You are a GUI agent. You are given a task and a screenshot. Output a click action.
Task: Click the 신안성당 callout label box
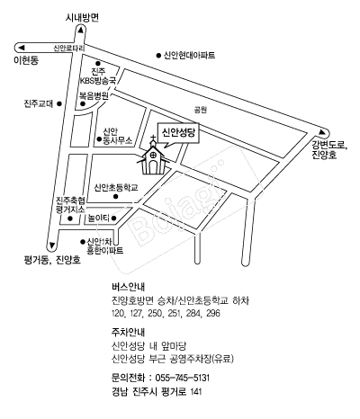pyautogui.click(x=178, y=133)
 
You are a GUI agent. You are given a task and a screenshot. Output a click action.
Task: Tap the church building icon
pyautogui.click(x=153, y=159)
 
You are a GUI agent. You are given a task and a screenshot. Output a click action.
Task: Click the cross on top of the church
pyautogui.click(x=153, y=139)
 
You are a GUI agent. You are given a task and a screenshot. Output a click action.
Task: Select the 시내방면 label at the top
pyautogui.click(x=82, y=18)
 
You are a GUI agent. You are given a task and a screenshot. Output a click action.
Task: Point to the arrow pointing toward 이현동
pyautogui.click(x=21, y=48)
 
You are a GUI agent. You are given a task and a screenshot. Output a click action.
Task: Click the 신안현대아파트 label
pyautogui.click(x=189, y=56)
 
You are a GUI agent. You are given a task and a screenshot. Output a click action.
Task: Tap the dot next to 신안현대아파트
pyautogui.click(x=158, y=55)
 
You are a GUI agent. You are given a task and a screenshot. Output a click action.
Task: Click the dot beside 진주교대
pyautogui.click(x=59, y=103)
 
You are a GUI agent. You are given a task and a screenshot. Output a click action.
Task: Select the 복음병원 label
pyautogui.click(x=94, y=96)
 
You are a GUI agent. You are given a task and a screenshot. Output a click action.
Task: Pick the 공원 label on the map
pyautogui.click(x=201, y=110)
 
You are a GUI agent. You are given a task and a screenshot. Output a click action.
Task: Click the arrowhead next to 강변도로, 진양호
pyautogui.click(x=322, y=132)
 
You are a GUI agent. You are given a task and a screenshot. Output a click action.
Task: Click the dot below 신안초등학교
pyautogui.click(x=115, y=197)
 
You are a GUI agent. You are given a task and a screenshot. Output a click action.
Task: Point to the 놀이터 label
pyautogui.click(x=99, y=218)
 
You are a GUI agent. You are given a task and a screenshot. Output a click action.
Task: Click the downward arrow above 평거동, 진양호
pyautogui.click(x=52, y=245)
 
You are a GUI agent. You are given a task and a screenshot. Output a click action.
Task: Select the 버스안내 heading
pyautogui.click(x=128, y=287)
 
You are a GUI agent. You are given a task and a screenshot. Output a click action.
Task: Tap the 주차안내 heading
pyautogui.click(x=128, y=332)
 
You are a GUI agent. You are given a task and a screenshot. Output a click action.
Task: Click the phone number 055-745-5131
pyautogui.click(x=182, y=378)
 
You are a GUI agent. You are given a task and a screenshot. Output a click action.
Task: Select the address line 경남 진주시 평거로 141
pyautogui.click(x=157, y=392)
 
